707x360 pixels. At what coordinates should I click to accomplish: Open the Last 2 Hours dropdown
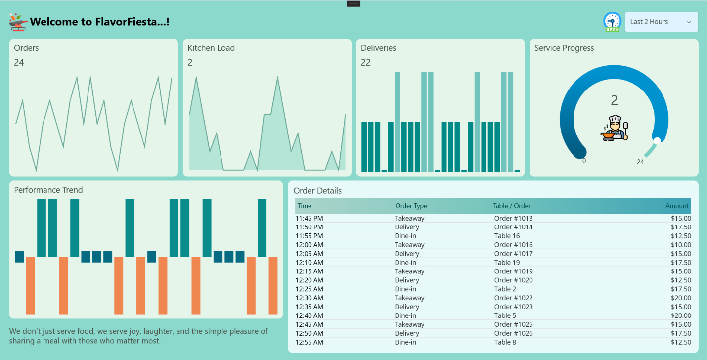pos(661,22)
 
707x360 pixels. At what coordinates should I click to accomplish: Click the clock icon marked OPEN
pos(612,22)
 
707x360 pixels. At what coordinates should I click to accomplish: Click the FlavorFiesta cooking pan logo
pos(18,22)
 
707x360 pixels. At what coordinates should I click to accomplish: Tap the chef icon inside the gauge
pos(615,129)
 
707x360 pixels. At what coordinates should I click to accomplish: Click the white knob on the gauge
pos(657,141)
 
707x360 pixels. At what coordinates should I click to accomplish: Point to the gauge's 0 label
pos(584,161)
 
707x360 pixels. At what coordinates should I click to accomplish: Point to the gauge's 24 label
pos(640,162)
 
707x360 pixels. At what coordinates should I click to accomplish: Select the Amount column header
pos(677,206)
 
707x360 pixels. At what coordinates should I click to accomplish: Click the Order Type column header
pos(411,206)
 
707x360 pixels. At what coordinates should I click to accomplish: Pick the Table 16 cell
pos(507,236)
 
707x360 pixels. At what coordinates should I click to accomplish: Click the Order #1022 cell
pos(513,298)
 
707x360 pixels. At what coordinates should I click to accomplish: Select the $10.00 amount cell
pos(681,245)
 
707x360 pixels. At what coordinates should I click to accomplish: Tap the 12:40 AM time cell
pos(309,315)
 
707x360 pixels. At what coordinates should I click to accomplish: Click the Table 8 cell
pos(505,342)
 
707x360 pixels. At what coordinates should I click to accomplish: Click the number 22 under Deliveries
pos(366,62)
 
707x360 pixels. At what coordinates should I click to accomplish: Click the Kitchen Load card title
pos(211,48)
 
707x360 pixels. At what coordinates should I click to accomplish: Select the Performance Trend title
pos(48,190)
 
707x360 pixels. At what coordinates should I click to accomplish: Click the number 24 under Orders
pos(19,62)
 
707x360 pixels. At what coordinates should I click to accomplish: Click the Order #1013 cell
pos(513,218)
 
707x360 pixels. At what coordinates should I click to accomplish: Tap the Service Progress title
pos(564,48)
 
